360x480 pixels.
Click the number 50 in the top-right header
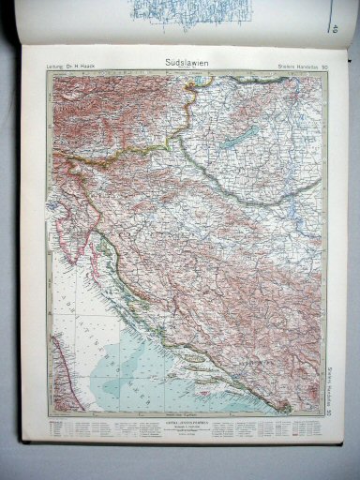coord(324,65)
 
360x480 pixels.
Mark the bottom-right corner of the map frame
coord(327,416)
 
